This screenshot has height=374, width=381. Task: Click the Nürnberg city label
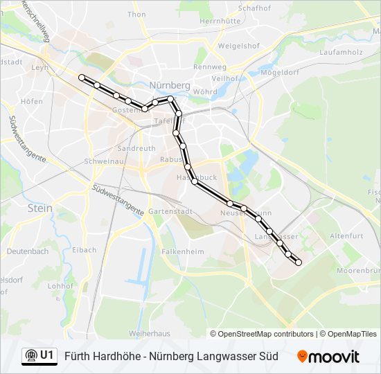pyautogui.click(x=170, y=85)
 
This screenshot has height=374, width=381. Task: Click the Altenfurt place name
pyautogui.click(x=346, y=236)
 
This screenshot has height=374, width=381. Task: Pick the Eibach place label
pyautogui.click(x=84, y=250)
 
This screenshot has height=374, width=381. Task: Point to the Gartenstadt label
pyautogui.click(x=168, y=211)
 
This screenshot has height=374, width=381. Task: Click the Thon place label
pyautogui.click(x=137, y=14)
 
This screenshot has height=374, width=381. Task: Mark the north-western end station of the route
pyautogui.click(x=82, y=77)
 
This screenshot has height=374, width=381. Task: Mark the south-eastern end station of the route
pyautogui.click(x=299, y=262)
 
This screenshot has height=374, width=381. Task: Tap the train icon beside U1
pyautogui.click(x=30, y=355)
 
